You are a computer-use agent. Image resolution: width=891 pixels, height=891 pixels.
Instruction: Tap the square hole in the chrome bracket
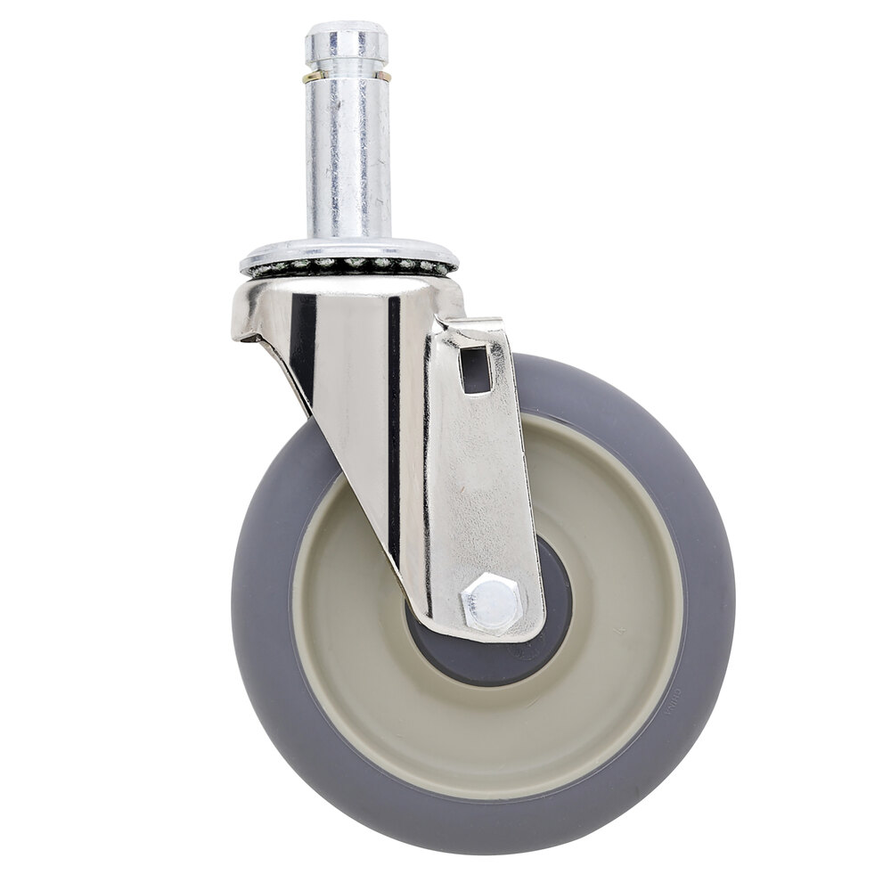(x=476, y=368)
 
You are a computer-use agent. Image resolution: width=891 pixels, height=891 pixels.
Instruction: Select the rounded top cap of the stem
(x=346, y=40)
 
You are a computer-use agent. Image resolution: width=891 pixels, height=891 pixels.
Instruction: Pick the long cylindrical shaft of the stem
(x=347, y=160)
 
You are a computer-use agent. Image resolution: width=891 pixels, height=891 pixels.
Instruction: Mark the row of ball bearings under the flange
(x=347, y=265)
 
